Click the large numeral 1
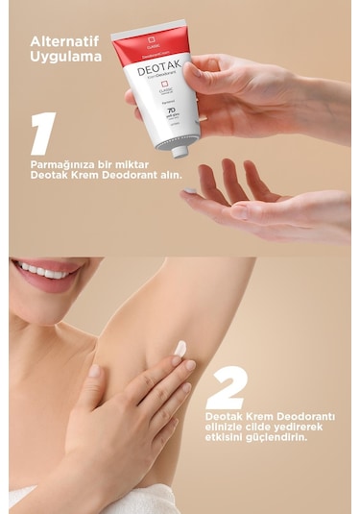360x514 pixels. [42, 134]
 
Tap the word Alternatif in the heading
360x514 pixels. [64, 41]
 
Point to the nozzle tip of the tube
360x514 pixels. [180, 151]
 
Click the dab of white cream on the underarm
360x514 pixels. [180, 349]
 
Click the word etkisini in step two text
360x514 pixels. [227, 436]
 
